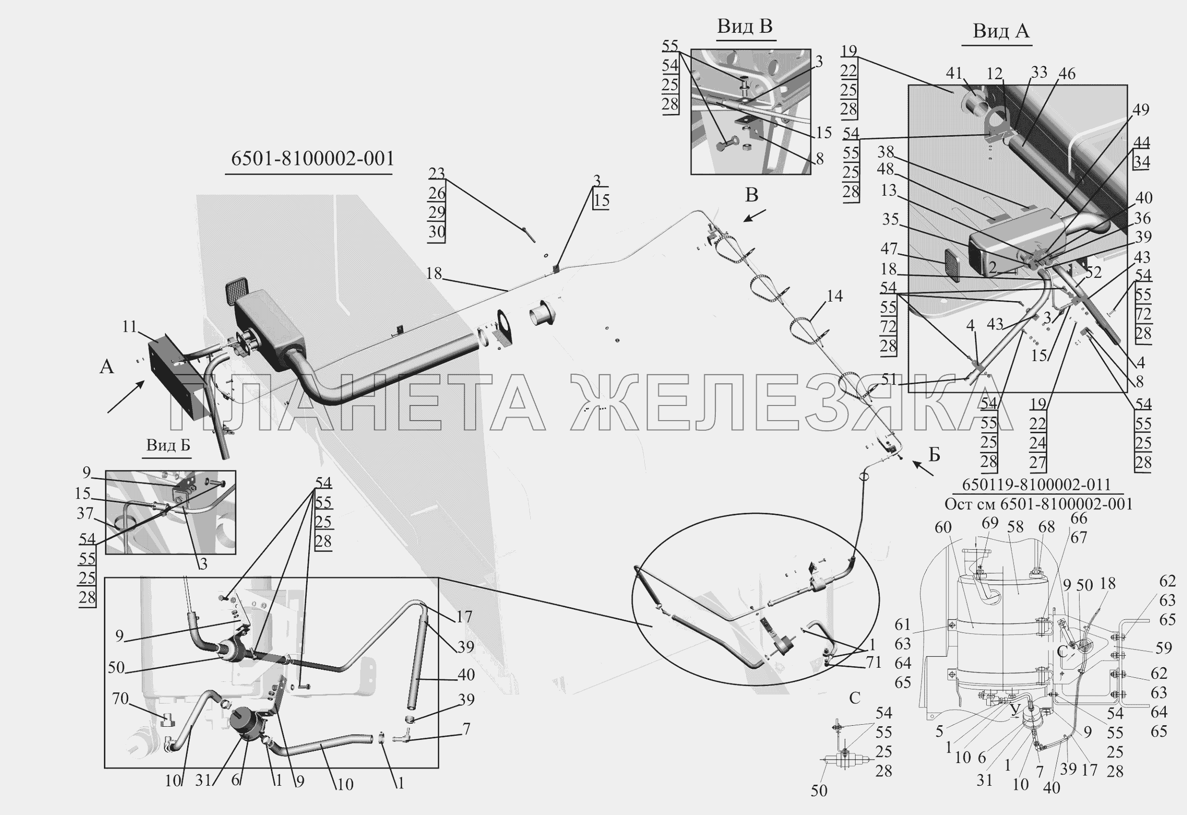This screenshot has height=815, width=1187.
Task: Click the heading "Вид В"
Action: [744, 26]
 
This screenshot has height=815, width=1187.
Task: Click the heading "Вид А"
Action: [1000, 31]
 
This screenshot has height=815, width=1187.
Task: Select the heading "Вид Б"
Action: [168, 445]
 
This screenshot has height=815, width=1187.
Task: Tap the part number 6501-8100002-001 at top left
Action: [313, 158]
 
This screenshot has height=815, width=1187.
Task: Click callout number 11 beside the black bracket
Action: [130, 326]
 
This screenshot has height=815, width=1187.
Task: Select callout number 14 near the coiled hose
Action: [834, 296]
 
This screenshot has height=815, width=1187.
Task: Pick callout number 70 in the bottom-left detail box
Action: [120, 698]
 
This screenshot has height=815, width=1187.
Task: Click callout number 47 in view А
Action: [889, 249]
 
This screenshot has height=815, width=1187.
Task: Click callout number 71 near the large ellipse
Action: [873, 663]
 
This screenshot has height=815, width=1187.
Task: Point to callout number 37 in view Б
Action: [85, 513]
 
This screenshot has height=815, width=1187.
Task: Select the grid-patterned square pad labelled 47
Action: [951, 264]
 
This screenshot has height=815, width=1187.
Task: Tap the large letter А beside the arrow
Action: [107, 367]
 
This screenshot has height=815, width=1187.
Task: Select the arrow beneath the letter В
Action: [754, 216]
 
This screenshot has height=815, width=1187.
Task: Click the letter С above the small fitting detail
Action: [855, 697]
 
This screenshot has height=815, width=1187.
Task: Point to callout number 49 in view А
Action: [1140, 110]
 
